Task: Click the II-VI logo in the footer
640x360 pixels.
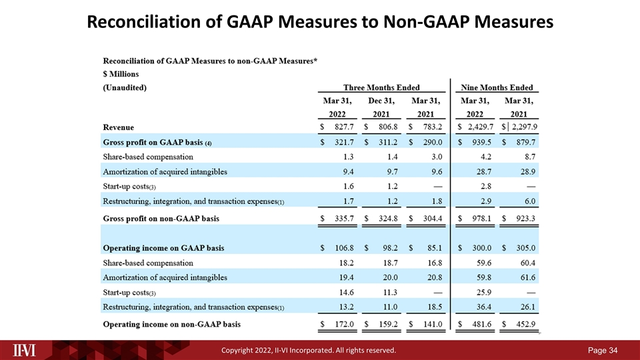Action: [x=24, y=350]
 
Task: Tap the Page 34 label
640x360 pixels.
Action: [x=603, y=350]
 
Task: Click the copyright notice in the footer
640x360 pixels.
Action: [x=309, y=350]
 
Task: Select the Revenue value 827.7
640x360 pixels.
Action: [x=344, y=127]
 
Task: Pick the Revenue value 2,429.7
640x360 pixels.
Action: [x=481, y=127]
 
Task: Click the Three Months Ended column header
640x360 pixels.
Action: [x=381, y=87]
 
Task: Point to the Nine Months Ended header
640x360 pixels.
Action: [x=497, y=87]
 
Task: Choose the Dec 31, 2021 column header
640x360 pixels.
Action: [x=381, y=107]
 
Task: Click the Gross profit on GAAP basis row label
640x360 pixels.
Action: [x=157, y=143]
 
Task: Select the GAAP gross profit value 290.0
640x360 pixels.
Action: [x=433, y=142]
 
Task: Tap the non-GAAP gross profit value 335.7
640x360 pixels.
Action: [x=344, y=219]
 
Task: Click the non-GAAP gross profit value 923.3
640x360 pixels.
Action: [x=526, y=219]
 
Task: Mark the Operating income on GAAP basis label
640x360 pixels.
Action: [x=163, y=248]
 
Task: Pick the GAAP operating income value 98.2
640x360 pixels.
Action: [x=390, y=248]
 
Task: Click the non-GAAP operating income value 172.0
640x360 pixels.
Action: [x=344, y=324]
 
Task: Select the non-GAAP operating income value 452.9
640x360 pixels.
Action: [x=526, y=324]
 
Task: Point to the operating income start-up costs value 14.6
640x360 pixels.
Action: [x=347, y=292]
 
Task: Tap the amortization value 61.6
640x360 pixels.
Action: [x=528, y=277]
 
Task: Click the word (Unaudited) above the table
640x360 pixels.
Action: [x=125, y=87]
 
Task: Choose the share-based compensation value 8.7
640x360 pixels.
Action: [x=530, y=157]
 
